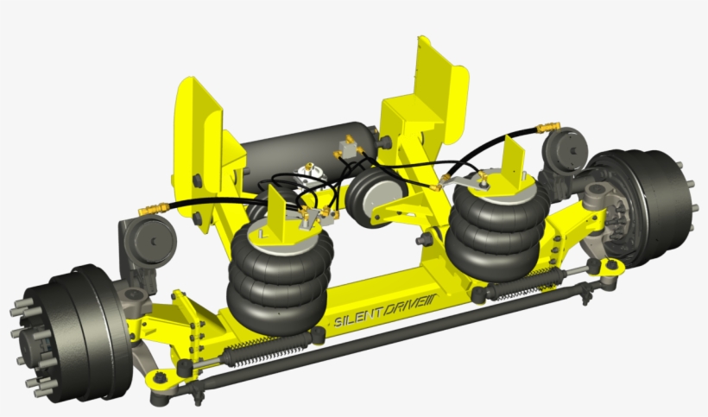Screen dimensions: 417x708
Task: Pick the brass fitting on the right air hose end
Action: point(545,129)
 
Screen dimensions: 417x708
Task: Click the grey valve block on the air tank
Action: point(349,148)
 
